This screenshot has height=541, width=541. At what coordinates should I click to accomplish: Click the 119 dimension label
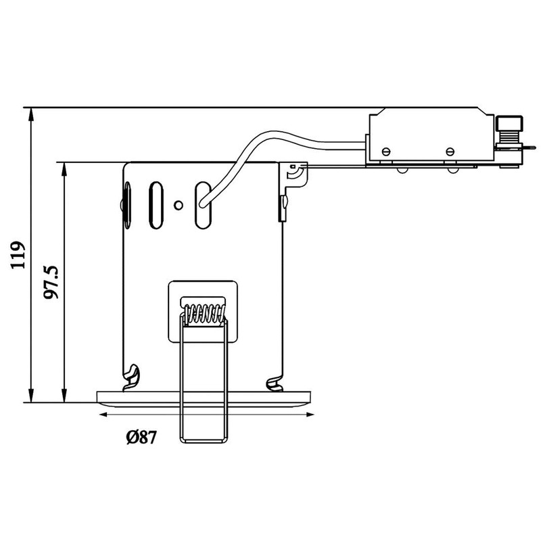pyautogui.click(x=19, y=255)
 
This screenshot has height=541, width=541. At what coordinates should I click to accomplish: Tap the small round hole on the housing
pyautogui.click(x=178, y=204)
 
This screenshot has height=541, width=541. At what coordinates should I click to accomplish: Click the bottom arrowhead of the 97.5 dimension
pyautogui.click(x=64, y=396)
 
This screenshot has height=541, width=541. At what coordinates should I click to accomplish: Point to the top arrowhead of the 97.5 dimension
pyautogui.click(x=64, y=168)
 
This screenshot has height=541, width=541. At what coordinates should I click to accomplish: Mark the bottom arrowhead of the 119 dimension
pyautogui.click(x=31, y=396)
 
